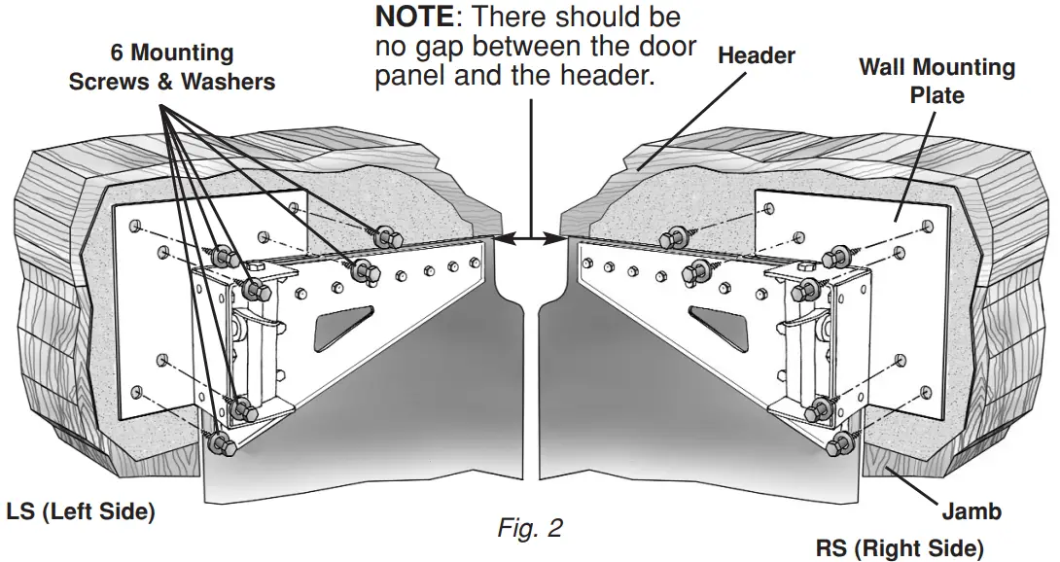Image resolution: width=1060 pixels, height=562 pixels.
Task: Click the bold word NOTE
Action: [x=413, y=18]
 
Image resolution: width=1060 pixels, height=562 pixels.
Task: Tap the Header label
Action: [x=757, y=55]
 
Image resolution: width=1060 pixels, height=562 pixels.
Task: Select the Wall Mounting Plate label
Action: [x=936, y=81]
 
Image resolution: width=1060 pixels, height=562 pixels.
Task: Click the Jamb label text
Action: [x=971, y=510]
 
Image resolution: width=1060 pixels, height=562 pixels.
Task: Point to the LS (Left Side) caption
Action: [x=81, y=511]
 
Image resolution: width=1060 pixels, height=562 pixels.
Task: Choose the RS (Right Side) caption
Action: [x=900, y=547]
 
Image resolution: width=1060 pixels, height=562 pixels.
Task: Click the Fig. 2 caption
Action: [x=529, y=528]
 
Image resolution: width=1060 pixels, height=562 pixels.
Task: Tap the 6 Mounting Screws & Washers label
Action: [x=171, y=67]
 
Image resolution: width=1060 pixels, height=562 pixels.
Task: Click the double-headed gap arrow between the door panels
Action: [x=531, y=235]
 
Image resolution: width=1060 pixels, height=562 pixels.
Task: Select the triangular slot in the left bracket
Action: [x=341, y=323]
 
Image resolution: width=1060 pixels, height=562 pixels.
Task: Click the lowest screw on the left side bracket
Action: [x=220, y=443]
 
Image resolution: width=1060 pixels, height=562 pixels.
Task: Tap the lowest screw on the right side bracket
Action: [x=838, y=444]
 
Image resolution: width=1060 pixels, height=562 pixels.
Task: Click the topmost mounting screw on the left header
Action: [x=383, y=234]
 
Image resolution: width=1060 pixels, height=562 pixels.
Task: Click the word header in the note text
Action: [x=603, y=76]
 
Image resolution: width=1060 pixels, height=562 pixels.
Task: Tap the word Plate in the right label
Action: [x=936, y=95]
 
